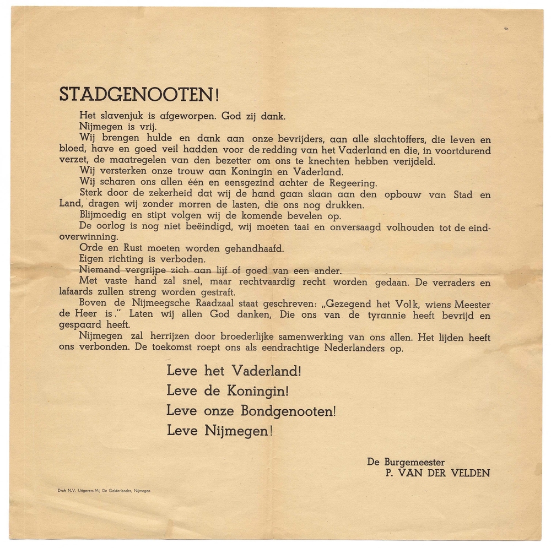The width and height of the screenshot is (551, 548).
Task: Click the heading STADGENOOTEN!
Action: [x=139, y=95]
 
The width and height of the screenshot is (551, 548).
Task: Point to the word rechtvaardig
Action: [x=293, y=282]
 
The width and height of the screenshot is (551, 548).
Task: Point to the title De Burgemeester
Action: [x=406, y=462]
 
